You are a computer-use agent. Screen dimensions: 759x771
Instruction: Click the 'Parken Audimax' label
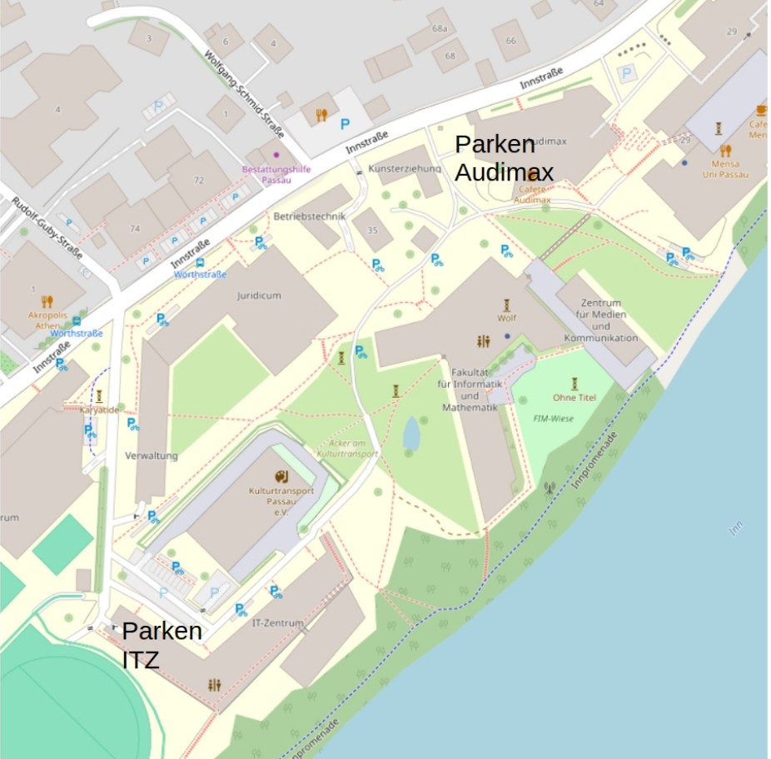pos(503,157)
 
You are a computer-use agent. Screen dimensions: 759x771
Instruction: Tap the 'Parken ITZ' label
pos(162,645)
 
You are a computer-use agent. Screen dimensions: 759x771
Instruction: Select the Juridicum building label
pos(259,295)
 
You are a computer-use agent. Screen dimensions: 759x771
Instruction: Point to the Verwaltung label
pos(152,456)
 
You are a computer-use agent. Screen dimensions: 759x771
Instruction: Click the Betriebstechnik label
pos(309,216)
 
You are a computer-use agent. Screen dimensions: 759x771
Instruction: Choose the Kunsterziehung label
pos(404,167)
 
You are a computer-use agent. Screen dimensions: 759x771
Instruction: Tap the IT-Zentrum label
pos(277,623)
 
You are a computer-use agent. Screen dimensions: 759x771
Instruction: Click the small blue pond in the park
pos(411,433)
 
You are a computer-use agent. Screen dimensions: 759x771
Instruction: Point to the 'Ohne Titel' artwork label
pos(575,397)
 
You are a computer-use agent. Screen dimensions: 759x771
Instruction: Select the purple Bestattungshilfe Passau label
pos(276,174)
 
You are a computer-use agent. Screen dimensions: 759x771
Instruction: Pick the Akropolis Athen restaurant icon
pos(47,301)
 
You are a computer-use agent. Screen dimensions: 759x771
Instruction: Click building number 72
pos(199,180)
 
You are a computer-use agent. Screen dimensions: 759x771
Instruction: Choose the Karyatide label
pos(99,410)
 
